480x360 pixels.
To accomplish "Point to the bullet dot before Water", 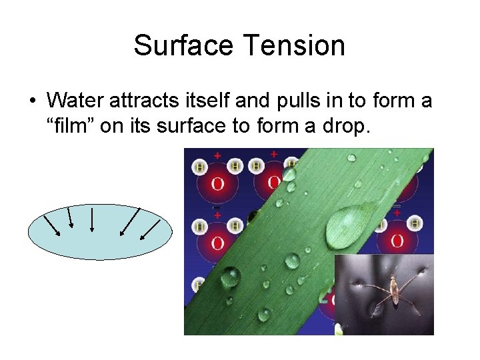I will [x=32, y=101].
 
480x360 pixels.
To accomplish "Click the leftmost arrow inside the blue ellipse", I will [x=52, y=225].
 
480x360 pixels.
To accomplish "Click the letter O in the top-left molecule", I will [x=217, y=183].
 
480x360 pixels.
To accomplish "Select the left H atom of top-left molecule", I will [x=199, y=166].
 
